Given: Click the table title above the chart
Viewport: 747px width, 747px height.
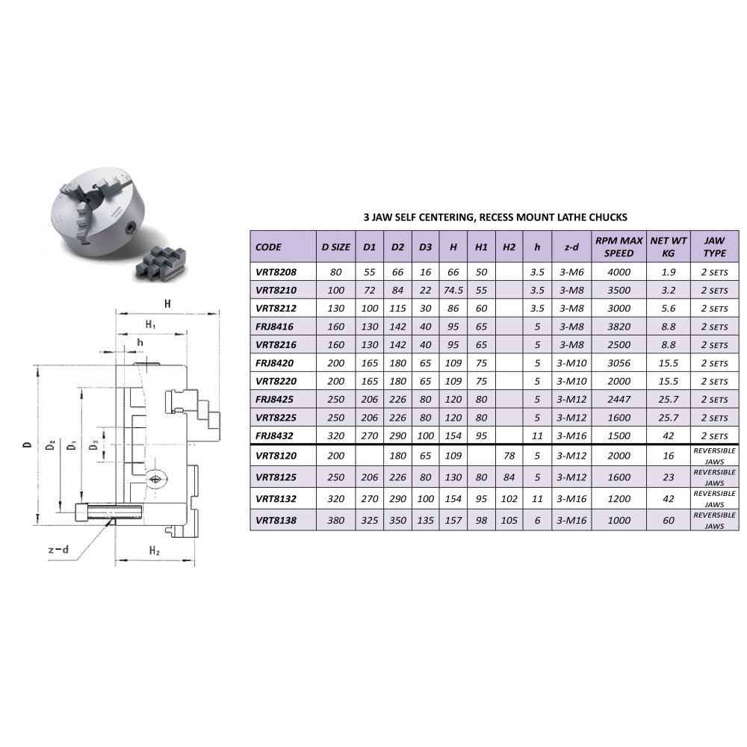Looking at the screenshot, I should coord(495,217).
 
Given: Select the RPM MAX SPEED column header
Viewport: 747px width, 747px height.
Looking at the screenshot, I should coord(619,247).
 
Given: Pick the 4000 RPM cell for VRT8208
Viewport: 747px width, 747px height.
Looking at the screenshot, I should coord(619,272).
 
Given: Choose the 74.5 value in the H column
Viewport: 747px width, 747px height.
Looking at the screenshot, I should coord(453,290).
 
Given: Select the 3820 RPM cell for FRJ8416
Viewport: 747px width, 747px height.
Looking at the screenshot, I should coord(619,326).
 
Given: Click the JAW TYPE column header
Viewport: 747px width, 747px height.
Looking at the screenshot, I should coord(714,247).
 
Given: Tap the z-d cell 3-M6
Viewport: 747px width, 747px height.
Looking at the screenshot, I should coord(570,272).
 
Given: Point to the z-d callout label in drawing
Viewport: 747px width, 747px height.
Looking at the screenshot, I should coord(58,551).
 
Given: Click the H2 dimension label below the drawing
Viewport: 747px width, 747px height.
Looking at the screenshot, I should coord(155,551).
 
